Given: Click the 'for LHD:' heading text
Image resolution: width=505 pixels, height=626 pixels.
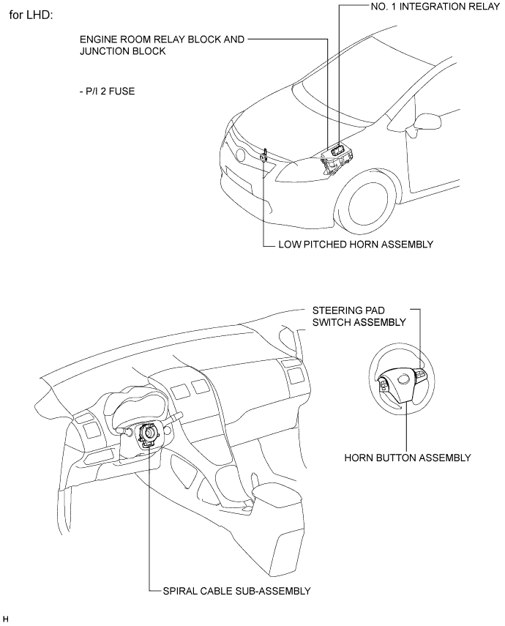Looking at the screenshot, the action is pyautogui.click(x=31, y=16).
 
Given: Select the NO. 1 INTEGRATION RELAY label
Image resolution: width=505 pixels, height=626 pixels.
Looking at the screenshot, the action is pyautogui.click(x=435, y=7).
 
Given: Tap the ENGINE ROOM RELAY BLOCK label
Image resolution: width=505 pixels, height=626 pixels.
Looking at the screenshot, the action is pyautogui.click(x=162, y=45).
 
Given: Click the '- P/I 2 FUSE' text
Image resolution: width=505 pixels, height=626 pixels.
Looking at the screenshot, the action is pyautogui.click(x=107, y=92).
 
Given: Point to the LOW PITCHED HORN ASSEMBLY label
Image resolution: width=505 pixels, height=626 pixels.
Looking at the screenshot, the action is pyautogui.click(x=356, y=245).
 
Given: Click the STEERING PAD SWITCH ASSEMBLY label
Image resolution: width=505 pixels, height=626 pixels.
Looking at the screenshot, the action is pyautogui.click(x=359, y=316).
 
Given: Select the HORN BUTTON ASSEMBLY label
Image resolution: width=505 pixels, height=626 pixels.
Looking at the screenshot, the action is pyautogui.click(x=408, y=458).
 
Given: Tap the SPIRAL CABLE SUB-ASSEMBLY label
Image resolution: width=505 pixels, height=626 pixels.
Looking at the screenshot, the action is pyautogui.click(x=236, y=591).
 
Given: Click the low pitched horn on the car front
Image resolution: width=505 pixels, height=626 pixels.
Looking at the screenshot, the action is pyautogui.click(x=264, y=155).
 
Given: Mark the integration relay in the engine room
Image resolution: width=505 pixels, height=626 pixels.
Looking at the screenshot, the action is pyautogui.click(x=337, y=149).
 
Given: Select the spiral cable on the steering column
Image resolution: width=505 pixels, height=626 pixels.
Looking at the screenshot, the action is pyautogui.click(x=149, y=435).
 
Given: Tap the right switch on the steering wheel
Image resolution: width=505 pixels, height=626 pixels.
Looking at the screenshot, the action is pyautogui.click(x=421, y=374).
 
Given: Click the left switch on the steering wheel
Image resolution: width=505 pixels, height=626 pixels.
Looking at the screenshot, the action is pyautogui.click(x=383, y=385).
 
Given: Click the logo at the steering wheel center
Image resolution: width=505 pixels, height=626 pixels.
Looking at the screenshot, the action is pyautogui.click(x=405, y=378).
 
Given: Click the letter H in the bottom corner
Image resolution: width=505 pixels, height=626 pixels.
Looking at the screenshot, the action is pyautogui.click(x=5, y=619).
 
